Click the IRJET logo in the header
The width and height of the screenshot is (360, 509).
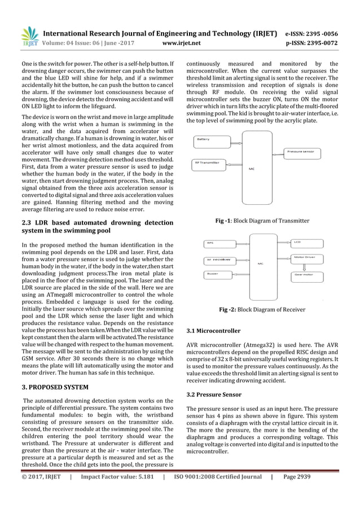28,36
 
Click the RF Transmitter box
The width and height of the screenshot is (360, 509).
209,163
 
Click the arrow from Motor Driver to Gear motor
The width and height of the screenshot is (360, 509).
305,266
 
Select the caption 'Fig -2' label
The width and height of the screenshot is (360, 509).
231,309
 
